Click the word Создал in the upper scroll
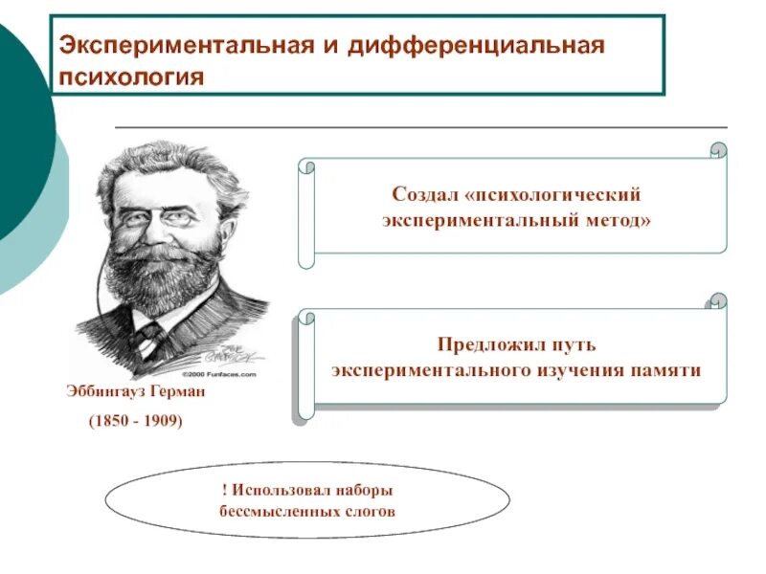(x=423, y=194)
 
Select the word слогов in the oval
(x=371, y=511)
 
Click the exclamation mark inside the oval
(x=222, y=490)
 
